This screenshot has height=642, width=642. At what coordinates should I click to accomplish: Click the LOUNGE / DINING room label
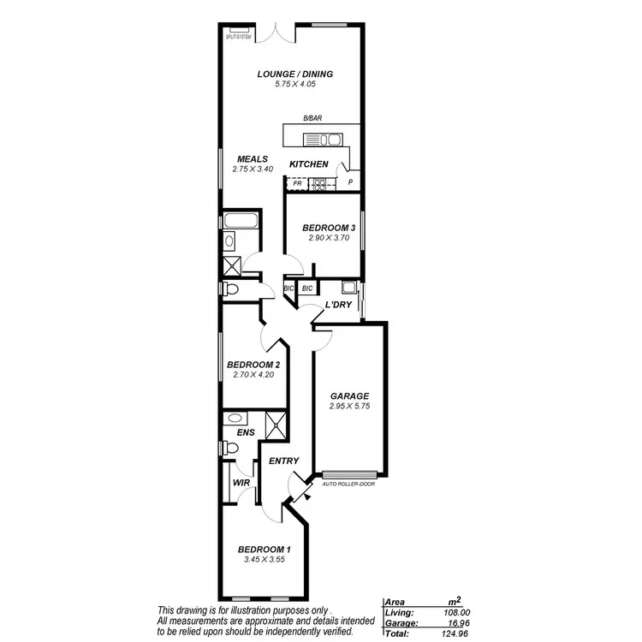coord(294,74)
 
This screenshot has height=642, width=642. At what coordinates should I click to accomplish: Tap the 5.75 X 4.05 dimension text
coord(294,85)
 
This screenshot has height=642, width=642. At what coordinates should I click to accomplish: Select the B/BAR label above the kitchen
coord(312,119)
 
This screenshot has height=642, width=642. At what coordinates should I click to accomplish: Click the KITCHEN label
coord(308,163)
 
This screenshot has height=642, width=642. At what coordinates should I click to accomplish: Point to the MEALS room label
coord(252,158)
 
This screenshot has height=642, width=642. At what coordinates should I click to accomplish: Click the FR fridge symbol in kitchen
coord(297,183)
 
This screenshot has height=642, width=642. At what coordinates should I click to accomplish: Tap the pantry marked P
coord(350,182)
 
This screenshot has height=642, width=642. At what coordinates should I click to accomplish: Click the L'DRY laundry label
coord(338,305)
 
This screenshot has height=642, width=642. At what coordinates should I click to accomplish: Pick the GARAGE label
coord(349,396)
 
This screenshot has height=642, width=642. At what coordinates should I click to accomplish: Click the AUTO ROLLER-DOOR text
coord(349,484)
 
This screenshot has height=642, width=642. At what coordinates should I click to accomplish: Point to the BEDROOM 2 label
coord(253,364)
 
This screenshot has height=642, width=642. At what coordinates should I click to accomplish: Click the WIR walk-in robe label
coord(241,483)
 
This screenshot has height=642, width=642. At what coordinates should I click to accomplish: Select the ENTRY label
coord(283,461)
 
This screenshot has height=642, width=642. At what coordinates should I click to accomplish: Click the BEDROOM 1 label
coord(264,550)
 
